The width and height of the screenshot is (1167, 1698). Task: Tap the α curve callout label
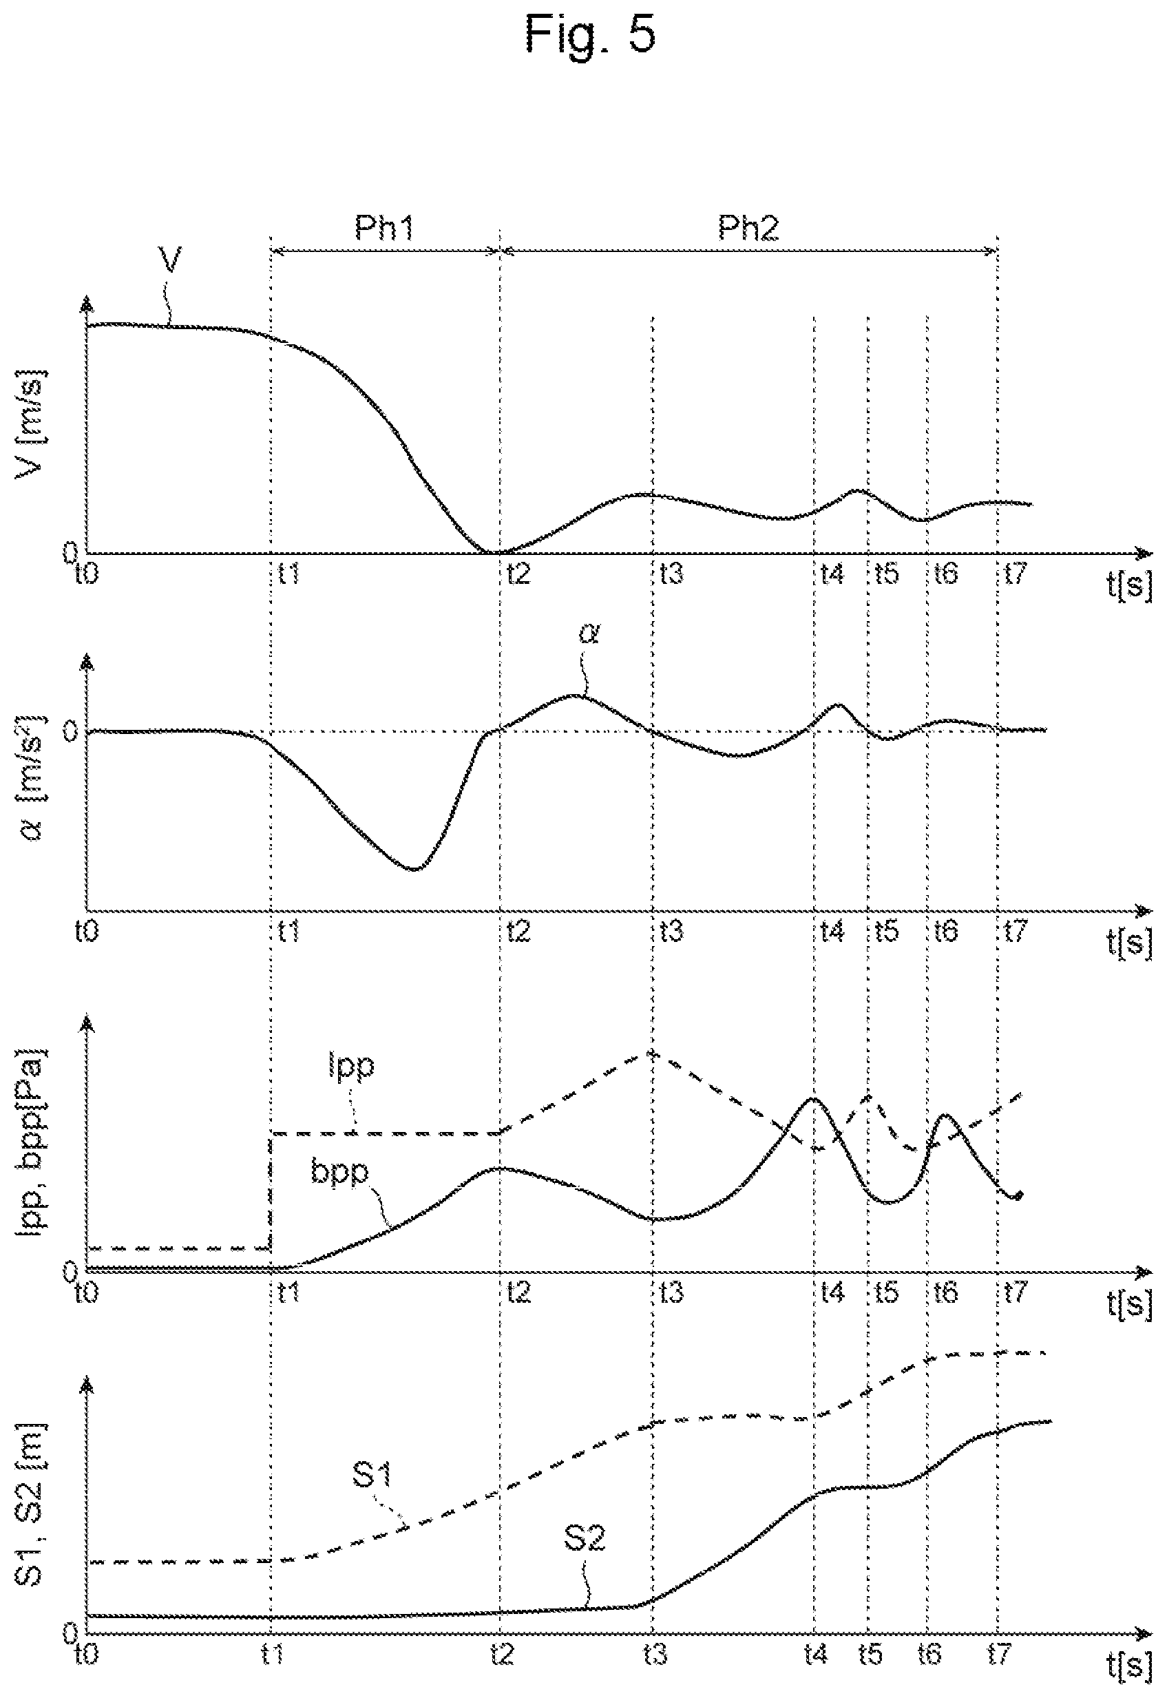click(x=589, y=634)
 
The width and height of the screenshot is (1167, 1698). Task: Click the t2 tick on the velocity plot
click(x=518, y=574)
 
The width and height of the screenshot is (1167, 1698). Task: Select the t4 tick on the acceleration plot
click(x=832, y=931)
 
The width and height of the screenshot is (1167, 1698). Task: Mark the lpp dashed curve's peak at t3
click(x=652, y=1053)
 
